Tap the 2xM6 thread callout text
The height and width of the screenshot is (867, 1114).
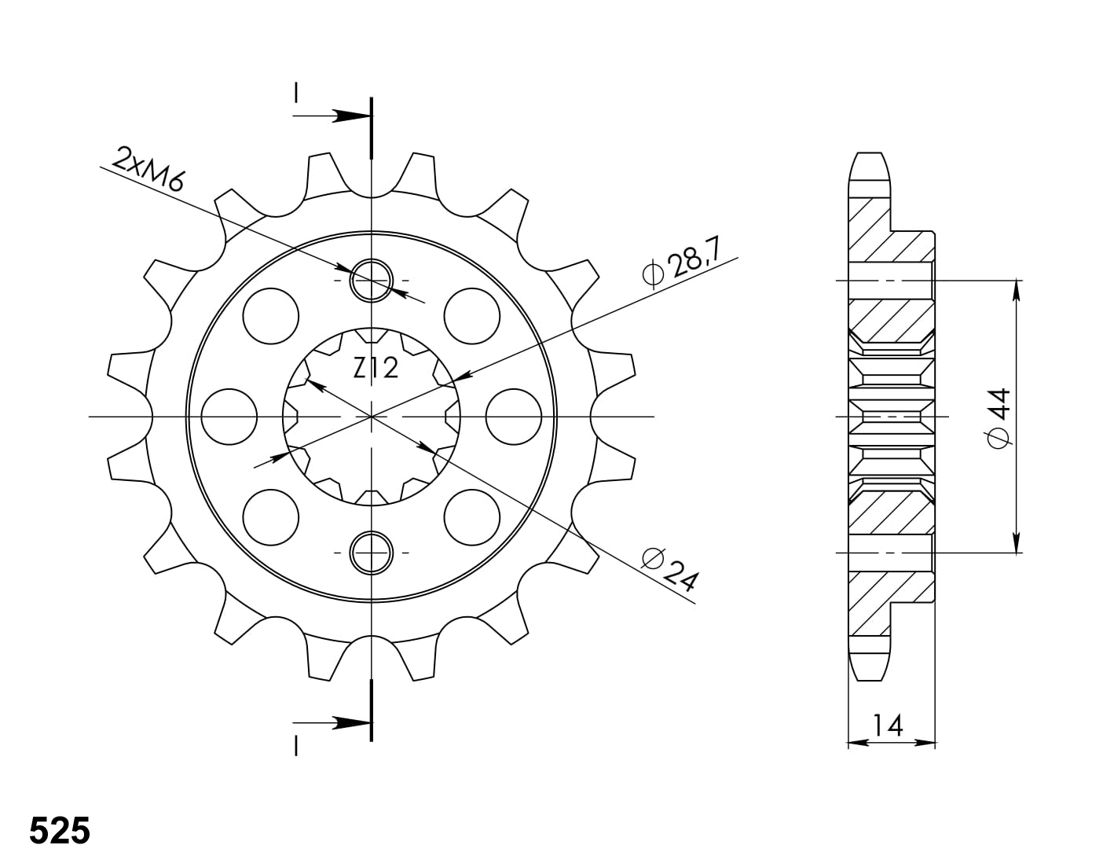click(147, 169)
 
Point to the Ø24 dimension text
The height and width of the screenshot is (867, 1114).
click(669, 570)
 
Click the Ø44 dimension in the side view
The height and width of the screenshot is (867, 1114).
click(999, 418)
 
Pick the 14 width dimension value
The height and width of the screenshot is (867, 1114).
click(888, 726)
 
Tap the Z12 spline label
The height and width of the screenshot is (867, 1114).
click(376, 368)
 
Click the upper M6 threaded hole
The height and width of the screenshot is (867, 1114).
click(371, 281)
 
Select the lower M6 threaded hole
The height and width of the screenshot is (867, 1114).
click(371, 553)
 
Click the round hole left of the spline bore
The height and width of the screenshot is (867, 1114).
click(229, 417)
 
